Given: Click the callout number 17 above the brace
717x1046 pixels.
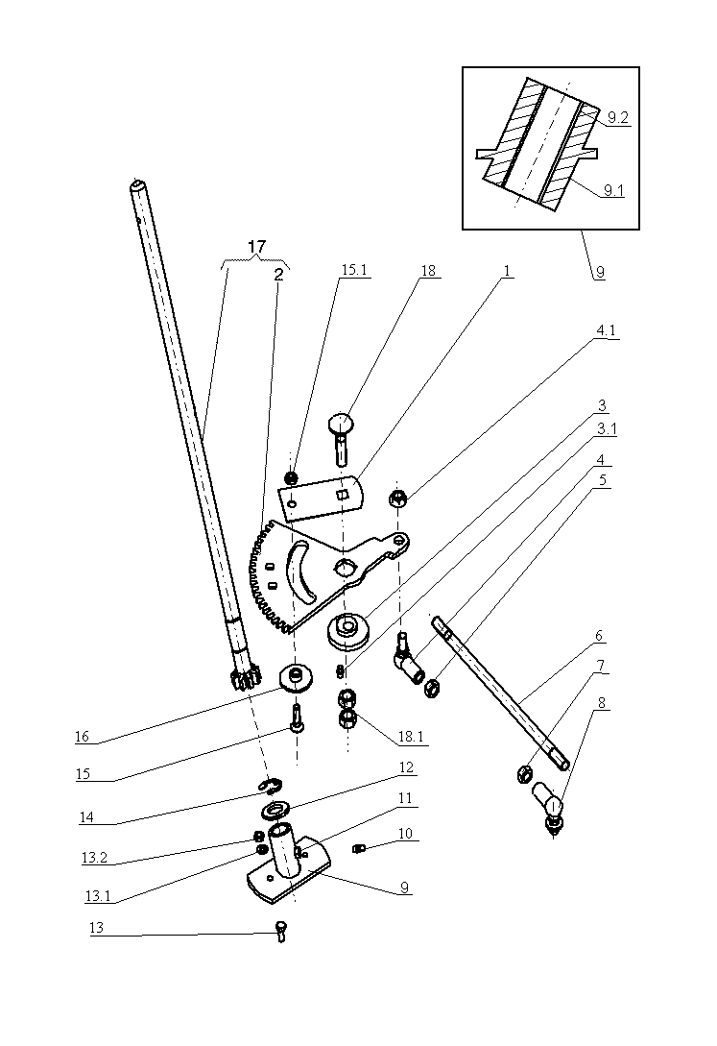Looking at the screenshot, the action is coord(256,247).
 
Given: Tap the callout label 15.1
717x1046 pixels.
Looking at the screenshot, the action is coord(354,270).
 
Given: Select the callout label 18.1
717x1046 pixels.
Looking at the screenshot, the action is coord(411,736).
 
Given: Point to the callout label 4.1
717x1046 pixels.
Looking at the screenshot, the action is coord(606,330).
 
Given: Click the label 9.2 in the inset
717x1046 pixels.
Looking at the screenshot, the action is coord(618,117).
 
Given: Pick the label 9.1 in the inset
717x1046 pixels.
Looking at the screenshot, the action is coord(613,191).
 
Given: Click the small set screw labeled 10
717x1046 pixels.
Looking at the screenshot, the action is coord(359,848).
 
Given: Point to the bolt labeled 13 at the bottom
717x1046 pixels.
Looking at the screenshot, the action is coord(281,930).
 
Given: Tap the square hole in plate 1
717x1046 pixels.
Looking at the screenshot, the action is coord(342,495).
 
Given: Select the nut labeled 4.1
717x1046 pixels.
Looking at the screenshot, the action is coord(397,498).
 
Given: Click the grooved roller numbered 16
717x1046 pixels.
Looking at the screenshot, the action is coord(295,678).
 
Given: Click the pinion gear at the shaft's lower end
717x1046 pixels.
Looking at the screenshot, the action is coord(245,680).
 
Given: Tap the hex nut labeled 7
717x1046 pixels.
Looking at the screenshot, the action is coord(524,774).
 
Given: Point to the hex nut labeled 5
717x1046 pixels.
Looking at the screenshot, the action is coord(432,688).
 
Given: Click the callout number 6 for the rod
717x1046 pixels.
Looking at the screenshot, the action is coord(598,636).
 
